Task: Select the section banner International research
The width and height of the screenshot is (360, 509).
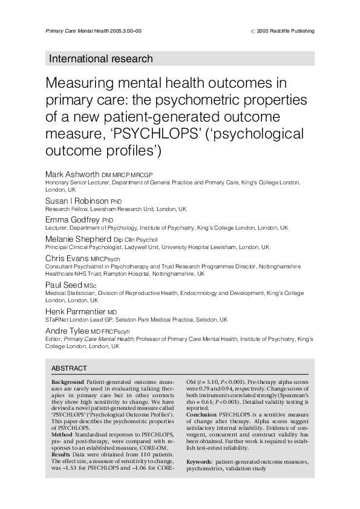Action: point(100,59)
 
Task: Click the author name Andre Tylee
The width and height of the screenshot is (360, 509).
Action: point(67,331)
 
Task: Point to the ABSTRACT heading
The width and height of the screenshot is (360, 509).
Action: point(69,368)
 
